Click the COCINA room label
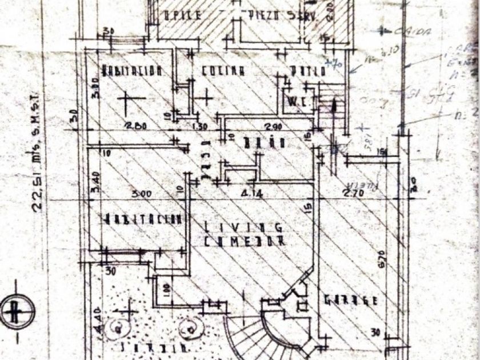(223, 71)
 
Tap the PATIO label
(307, 72)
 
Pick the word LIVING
(243, 227)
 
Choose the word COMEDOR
(245, 241)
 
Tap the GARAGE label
(351, 300)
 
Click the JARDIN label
(155, 347)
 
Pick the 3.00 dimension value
(141, 194)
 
